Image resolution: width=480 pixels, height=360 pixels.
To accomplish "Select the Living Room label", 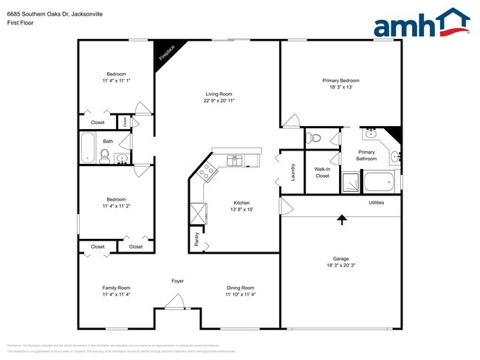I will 219,94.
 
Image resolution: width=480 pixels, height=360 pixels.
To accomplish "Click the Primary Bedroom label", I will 340,80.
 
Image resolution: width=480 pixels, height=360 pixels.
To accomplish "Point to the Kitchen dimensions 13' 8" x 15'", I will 241,210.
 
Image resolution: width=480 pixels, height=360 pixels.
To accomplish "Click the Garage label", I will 340,258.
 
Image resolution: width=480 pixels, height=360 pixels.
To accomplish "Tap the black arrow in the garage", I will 341,218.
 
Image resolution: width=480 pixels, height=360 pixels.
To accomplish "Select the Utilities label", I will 376,202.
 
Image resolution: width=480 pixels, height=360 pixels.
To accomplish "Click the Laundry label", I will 293,171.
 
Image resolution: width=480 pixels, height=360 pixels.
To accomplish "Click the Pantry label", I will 196,238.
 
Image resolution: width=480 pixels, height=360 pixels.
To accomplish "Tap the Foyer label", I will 177,281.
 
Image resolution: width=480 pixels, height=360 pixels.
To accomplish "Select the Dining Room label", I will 241,288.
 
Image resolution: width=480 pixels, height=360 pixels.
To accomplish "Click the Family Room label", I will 116,288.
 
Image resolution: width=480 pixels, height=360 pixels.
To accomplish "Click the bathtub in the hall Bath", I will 87,148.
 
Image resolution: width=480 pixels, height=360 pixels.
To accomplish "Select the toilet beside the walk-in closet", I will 315,137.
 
